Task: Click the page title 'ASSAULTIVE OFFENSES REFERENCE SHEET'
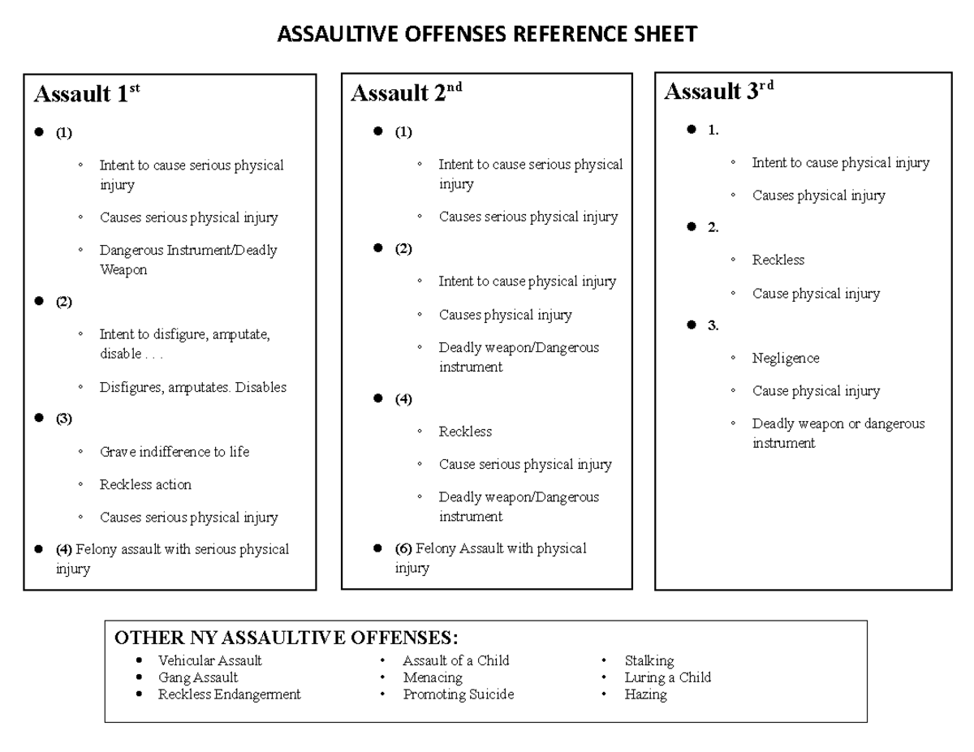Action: coord(487,34)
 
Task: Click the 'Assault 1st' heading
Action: coord(87,95)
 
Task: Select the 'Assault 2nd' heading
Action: coord(406,94)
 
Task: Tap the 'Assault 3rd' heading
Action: coord(718,92)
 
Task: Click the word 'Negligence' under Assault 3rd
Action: coord(786,358)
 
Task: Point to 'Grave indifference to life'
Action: coord(175,452)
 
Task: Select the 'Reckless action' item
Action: coord(145,484)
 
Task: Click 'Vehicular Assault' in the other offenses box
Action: coord(209,660)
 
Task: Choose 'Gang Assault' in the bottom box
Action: coord(198,677)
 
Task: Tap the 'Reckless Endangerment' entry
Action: coord(229,694)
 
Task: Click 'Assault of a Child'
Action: coord(456,660)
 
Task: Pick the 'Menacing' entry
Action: coord(433,677)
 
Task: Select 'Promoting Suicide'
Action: coord(459,694)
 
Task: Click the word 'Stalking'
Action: coord(649,660)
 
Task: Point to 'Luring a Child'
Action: coord(667,677)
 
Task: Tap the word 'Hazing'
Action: coord(645,694)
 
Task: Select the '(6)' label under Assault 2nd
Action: coord(403,548)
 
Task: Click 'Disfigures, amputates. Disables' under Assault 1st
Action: coord(193,387)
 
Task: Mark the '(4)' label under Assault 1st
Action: coord(64,549)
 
